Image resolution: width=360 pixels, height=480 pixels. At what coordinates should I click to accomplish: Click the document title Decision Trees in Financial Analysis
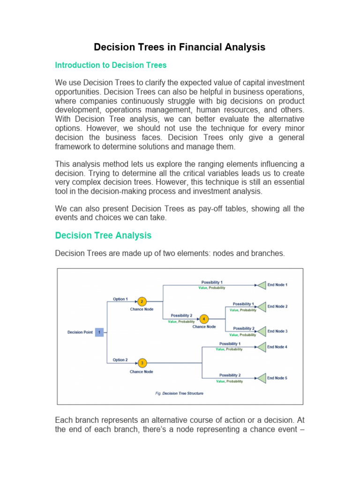point(180,47)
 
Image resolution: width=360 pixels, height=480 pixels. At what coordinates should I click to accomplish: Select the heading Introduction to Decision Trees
point(111,65)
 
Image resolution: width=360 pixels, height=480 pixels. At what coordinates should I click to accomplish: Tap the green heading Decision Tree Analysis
point(103,235)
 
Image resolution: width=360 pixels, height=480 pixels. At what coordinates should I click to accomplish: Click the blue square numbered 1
point(99,332)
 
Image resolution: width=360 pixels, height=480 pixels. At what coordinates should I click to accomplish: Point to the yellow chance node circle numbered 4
point(204,319)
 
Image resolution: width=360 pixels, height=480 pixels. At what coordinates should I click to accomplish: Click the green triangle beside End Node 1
point(261,285)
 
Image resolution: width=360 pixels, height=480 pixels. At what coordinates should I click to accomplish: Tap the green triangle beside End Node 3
point(261,331)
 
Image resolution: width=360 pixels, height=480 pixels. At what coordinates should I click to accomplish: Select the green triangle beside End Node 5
point(261,377)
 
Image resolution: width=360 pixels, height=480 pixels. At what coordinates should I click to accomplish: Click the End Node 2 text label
point(277,307)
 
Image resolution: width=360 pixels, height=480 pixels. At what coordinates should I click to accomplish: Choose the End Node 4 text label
point(277,347)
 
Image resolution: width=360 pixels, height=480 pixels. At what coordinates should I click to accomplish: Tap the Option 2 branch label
point(120,360)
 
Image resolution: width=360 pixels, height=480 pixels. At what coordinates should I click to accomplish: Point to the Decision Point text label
point(80,332)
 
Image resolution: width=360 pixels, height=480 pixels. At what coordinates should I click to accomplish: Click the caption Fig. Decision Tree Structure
point(180,393)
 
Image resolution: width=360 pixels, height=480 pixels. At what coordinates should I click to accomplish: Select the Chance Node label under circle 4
point(204,327)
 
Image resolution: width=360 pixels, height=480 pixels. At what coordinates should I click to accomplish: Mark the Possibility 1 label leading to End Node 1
point(212,282)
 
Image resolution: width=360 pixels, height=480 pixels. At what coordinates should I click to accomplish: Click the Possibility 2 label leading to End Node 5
point(230,375)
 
